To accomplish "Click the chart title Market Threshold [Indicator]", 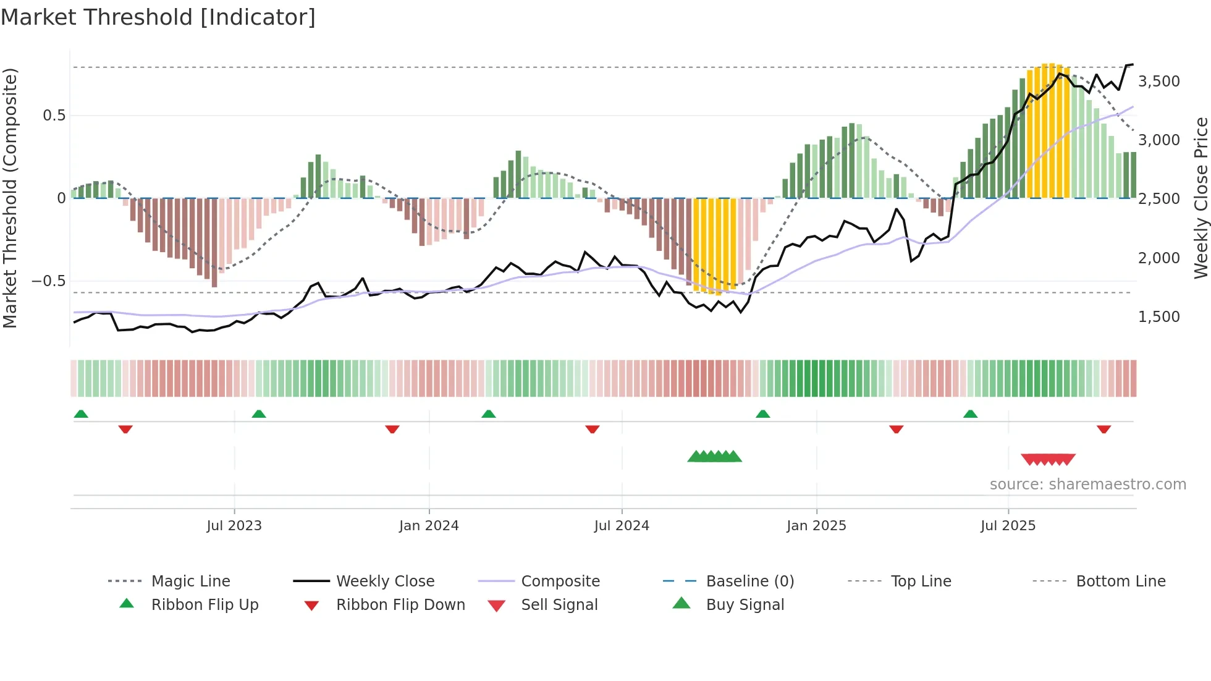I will [158, 17].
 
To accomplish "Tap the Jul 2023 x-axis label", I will [234, 525].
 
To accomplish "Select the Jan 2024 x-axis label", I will [429, 525].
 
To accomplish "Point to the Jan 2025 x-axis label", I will [816, 525].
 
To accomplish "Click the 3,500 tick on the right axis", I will [1159, 82].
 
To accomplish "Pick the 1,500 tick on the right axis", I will [1159, 317].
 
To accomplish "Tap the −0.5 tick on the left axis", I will [48, 281].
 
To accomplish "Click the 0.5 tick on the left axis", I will [54, 116].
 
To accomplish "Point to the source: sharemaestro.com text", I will [1087, 484].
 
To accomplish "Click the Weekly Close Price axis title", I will [1200, 198].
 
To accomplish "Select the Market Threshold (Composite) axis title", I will [10, 198].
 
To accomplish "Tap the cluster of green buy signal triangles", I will [715, 457].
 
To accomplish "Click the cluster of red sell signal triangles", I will [1048, 459].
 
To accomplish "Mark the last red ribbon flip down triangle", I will [1103, 429].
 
